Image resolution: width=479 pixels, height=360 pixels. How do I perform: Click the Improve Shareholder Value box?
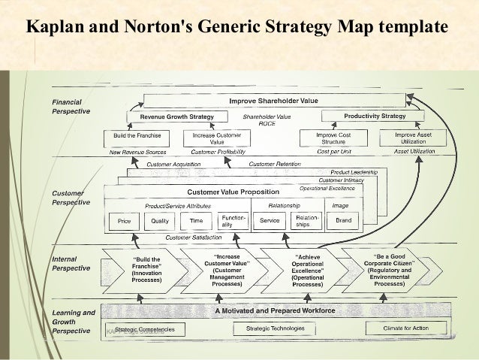(273, 99)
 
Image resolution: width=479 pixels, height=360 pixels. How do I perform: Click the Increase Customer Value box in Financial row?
(217, 138)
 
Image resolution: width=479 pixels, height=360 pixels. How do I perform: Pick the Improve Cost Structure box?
(334, 138)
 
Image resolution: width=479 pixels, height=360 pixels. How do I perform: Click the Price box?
(124, 221)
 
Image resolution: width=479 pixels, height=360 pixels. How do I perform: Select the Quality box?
(160, 221)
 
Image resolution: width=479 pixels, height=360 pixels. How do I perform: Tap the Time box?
(197, 221)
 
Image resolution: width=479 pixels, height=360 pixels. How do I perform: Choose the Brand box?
(343, 221)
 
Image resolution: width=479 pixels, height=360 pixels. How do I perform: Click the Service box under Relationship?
(270, 221)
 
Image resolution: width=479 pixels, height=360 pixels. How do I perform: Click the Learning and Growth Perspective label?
(73, 321)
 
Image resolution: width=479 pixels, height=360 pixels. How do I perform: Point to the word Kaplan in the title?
(56, 29)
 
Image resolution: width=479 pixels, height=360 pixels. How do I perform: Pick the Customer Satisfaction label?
(191, 237)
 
